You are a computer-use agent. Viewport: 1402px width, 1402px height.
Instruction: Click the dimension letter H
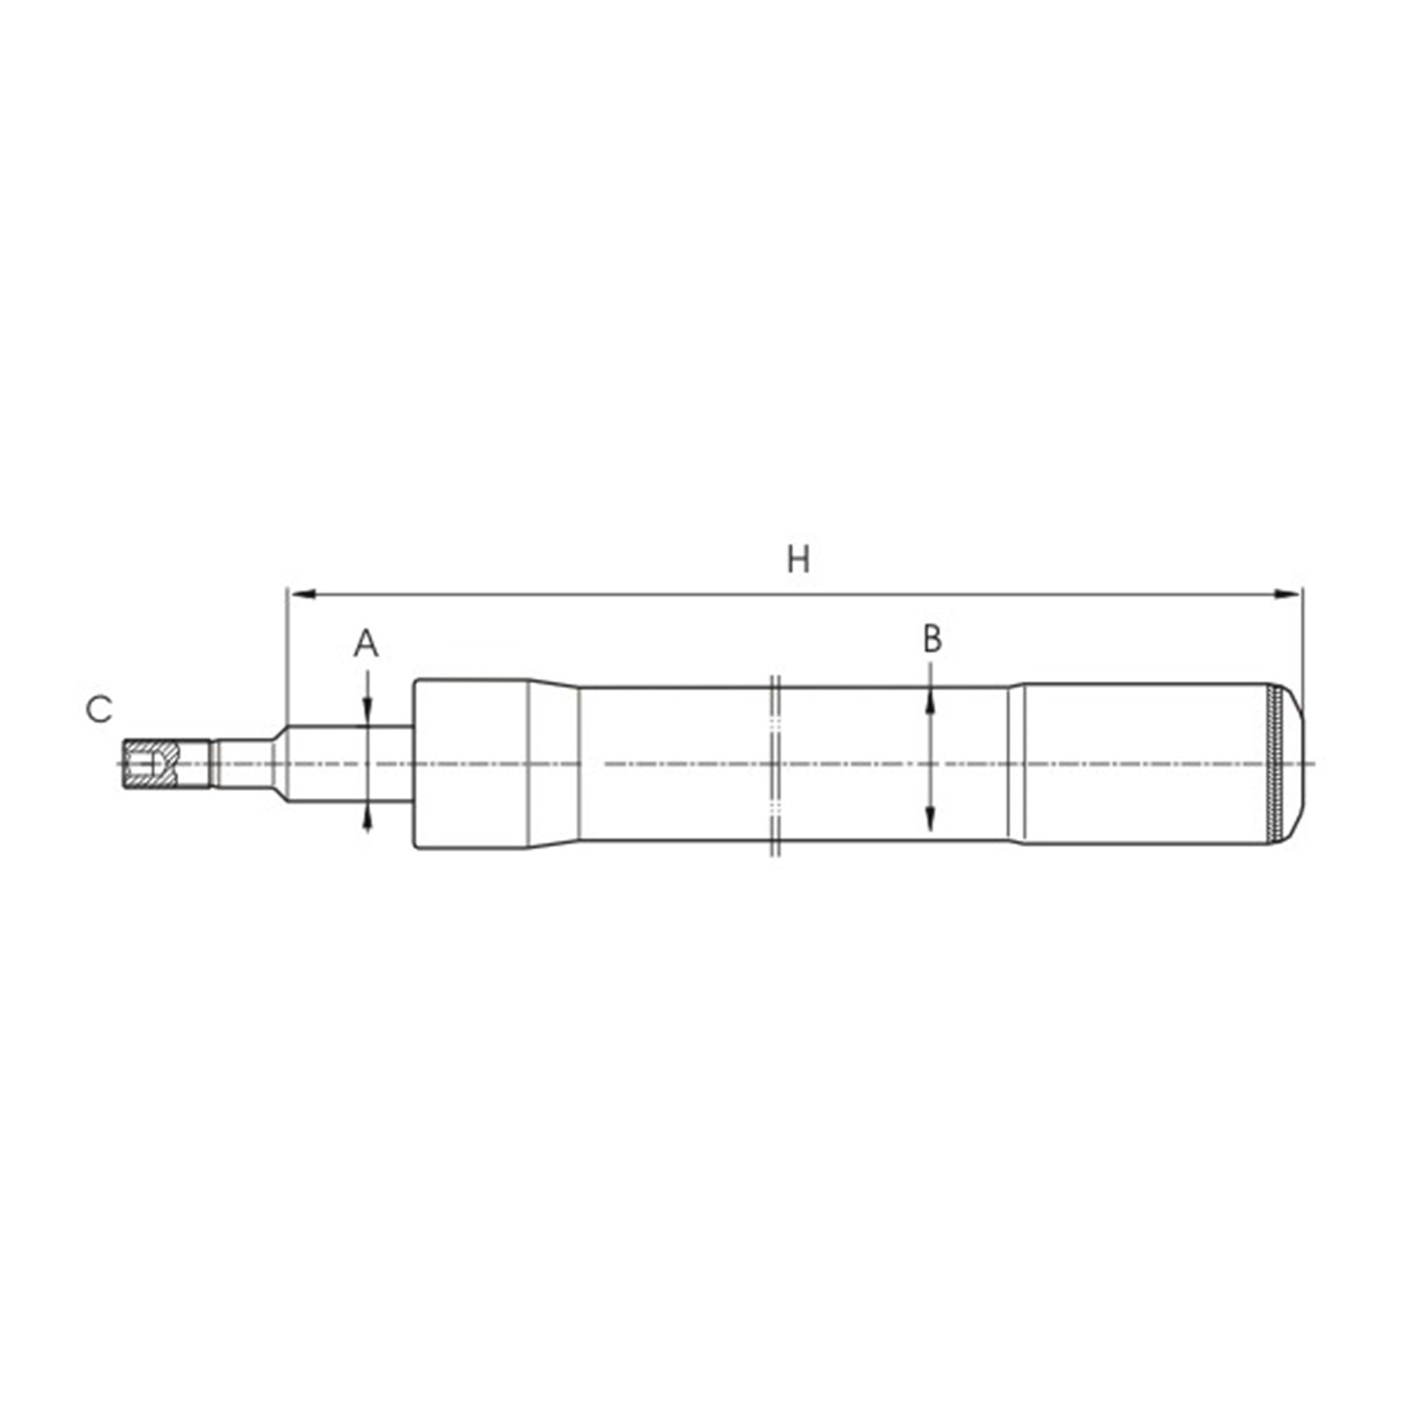click(x=797, y=559)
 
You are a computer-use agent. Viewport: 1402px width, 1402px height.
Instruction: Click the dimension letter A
click(x=366, y=644)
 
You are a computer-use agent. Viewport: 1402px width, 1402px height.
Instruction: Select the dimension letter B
click(x=931, y=639)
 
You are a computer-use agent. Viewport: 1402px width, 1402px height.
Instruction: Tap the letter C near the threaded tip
click(x=99, y=709)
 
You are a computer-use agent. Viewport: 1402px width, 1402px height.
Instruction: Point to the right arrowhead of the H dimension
click(x=1288, y=594)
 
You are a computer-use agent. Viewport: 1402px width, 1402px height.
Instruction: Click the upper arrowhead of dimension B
click(x=930, y=700)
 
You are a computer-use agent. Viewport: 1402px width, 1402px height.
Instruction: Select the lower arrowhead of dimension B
click(x=930, y=818)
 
